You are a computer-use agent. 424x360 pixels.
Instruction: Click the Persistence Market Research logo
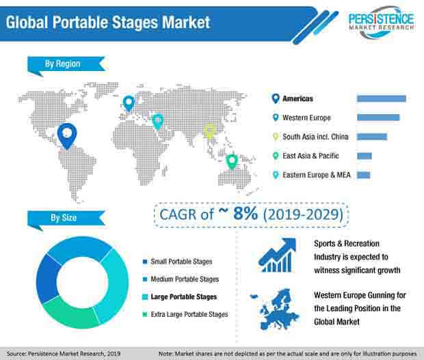click(381, 23)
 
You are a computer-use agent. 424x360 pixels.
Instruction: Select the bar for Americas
click(382, 98)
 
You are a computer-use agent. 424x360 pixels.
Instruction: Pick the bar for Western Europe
click(378, 117)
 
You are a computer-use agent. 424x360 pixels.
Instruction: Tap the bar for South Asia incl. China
click(372, 137)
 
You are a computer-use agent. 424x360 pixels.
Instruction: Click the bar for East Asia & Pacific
click(365, 156)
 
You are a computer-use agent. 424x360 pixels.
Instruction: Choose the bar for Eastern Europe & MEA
click(363, 175)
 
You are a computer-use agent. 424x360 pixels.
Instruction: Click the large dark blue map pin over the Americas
click(67, 136)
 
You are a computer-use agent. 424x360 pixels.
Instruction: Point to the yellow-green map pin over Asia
click(209, 131)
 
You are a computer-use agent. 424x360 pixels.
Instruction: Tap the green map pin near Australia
click(232, 162)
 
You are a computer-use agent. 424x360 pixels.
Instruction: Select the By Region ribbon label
click(66, 65)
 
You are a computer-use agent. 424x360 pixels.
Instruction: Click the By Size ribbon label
click(66, 219)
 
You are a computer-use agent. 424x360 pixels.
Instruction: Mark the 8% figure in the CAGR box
click(246, 213)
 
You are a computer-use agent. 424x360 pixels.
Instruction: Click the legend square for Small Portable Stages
click(145, 262)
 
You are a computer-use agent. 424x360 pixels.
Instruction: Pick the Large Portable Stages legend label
click(183, 296)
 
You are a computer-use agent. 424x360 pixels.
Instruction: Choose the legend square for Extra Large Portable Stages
click(145, 314)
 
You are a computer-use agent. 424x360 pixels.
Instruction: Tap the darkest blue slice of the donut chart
click(47, 278)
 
